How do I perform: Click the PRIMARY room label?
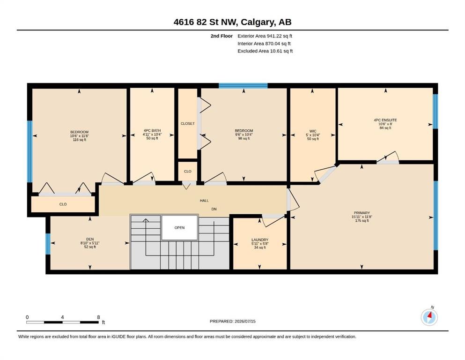point(362,213)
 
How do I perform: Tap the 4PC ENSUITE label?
point(385,120)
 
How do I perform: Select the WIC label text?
point(313,131)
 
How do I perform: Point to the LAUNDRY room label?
point(260,240)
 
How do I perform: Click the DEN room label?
point(90,239)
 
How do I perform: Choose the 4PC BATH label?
point(152,131)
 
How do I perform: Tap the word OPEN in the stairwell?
point(179,228)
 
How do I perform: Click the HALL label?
point(204,201)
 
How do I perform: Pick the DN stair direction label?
point(214,209)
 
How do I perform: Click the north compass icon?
point(429,317)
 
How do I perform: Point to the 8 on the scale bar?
point(98,317)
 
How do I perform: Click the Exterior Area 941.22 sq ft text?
point(265,36)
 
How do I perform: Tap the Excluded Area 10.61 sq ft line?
point(265,51)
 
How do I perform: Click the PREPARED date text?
point(232,321)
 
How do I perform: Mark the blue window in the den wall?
point(48,244)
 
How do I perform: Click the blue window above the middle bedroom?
point(243,86)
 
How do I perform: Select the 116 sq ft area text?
point(80,140)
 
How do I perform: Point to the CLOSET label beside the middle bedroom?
point(188,123)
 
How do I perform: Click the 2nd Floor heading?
point(221,36)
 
